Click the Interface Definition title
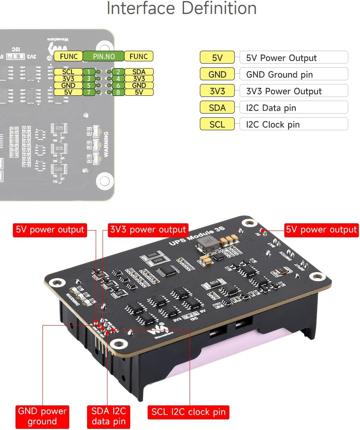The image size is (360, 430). (x=182, y=8)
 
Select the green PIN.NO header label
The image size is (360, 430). (x=103, y=56)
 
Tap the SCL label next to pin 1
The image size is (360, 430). (x=68, y=72)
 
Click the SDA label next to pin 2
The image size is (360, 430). (x=139, y=72)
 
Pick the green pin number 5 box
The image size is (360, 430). (x=88, y=86)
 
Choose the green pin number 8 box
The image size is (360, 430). (x=118, y=92)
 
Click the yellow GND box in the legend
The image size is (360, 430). (x=217, y=75)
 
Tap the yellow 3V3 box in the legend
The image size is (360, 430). (x=217, y=91)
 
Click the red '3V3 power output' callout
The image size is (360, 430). (x=148, y=230)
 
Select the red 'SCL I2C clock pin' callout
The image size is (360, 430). (x=188, y=412)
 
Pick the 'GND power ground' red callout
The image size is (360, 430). (x=42, y=416)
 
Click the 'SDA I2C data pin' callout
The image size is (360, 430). (x=108, y=416)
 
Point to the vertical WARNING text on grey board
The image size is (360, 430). (x=106, y=144)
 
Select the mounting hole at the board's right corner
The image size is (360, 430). (x=317, y=277)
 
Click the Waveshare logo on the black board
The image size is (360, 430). (x=155, y=331)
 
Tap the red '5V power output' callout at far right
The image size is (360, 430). (x=321, y=230)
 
